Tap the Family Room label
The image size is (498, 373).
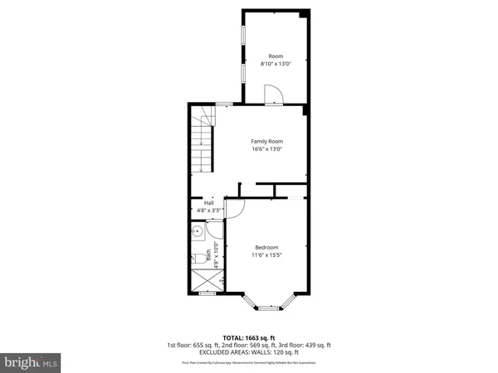tap(267, 142)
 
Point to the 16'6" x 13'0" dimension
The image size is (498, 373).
tap(267, 149)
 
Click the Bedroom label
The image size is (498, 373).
tap(266, 248)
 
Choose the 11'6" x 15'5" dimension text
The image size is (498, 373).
tap(266, 255)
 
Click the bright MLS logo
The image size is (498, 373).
tap(31, 361)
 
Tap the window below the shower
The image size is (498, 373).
tap(207, 293)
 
